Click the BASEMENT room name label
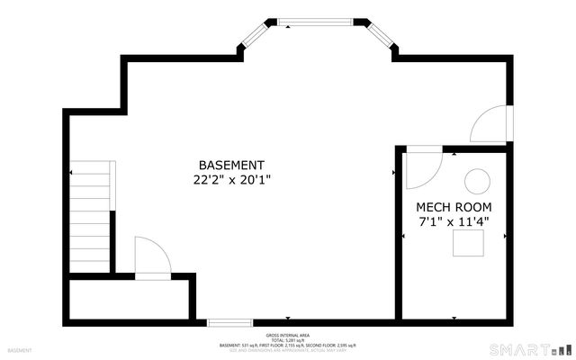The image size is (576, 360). [231, 166]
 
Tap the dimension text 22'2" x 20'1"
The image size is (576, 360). [231, 180]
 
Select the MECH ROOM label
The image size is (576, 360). [454, 207]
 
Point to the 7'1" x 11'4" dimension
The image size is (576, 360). [454, 221]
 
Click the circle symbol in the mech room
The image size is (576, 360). [476, 181]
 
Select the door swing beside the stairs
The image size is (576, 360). [149, 256]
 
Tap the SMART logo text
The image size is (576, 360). [517, 348]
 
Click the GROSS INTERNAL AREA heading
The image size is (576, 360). [288, 333]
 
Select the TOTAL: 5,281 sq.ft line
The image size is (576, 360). [288, 339]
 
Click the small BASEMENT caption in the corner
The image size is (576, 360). [19, 349]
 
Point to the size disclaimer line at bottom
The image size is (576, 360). [288, 350]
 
